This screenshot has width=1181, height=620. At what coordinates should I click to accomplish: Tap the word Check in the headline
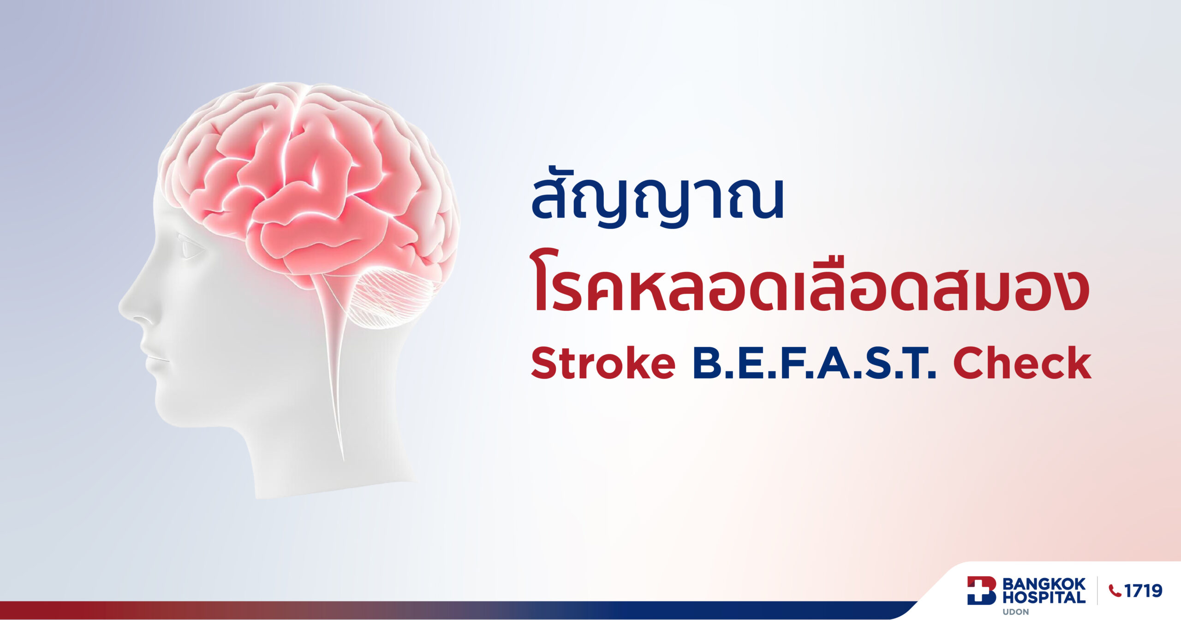tap(1022, 364)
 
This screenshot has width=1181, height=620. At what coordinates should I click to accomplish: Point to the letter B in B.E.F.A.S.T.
tap(708, 364)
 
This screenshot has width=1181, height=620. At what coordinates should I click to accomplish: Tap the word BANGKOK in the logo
tap(1044, 584)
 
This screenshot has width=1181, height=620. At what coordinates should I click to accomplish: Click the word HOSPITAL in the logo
tap(1044, 597)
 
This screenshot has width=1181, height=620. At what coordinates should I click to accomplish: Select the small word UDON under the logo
tap(1015, 612)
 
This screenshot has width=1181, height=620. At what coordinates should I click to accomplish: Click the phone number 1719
tap(1143, 591)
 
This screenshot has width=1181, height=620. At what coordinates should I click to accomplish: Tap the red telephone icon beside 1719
tap(1115, 591)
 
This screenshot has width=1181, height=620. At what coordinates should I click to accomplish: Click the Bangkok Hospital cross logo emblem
tap(982, 590)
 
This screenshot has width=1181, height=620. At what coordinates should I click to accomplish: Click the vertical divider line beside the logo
tap(1097, 590)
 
